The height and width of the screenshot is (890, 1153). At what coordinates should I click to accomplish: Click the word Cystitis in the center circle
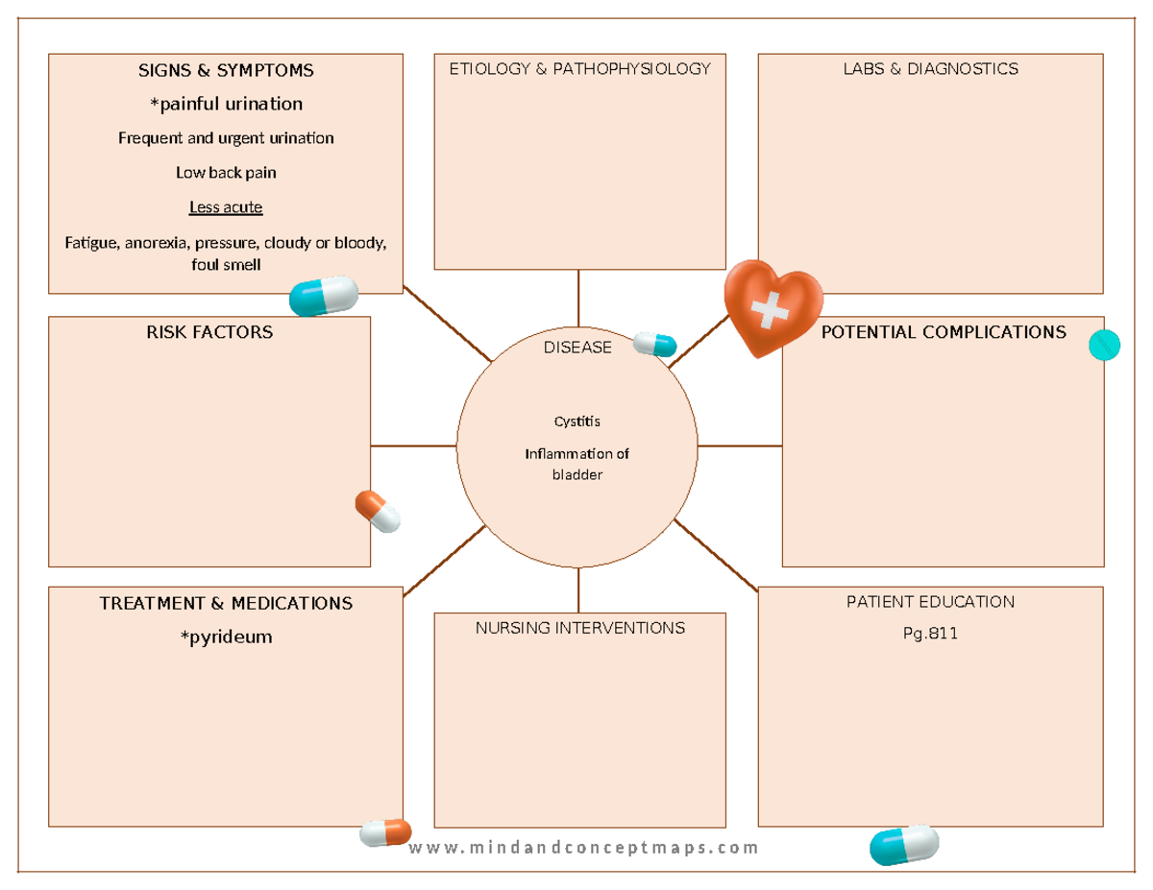click(x=576, y=421)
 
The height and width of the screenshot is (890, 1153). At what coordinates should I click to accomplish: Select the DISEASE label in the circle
click(x=576, y=348)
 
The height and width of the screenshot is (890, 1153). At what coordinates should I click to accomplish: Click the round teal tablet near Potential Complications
click(x=1104, y=345)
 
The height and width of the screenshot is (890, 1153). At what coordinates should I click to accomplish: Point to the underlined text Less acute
click(x=226, y=207)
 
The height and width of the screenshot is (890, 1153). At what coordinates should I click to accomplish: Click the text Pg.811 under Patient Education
click(x=930, y=634)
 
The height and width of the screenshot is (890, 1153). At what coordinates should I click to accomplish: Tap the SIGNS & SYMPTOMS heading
click(x=226, y=70)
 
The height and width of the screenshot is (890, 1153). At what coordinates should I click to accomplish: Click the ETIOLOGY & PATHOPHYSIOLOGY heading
click(x=579, y=68)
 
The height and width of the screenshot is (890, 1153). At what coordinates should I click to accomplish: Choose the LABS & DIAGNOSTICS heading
click(x=930, y=68)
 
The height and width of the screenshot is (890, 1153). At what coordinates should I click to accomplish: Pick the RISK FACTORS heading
click(x=209, y=332)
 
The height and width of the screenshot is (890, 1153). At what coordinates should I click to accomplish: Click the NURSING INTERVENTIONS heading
click(x=579, y=628)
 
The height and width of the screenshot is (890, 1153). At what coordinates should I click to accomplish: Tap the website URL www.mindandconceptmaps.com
click(x=583, y=848)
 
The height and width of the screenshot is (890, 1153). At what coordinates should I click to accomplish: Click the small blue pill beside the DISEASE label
click(x=654, y=345)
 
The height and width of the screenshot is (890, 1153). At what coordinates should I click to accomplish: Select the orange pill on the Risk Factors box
click(x=378, y=511)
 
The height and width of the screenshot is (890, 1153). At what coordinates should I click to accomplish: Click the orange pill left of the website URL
click(x=385, y=832)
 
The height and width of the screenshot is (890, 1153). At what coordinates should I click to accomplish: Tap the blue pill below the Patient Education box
click(x=904, y=845)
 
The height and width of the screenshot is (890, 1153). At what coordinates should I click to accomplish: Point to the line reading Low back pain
click(x=226, y=173)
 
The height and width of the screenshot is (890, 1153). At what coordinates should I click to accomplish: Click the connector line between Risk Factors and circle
click(x=413, y=445)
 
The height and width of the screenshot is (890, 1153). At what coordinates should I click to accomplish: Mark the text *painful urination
click(x=226, y=103)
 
